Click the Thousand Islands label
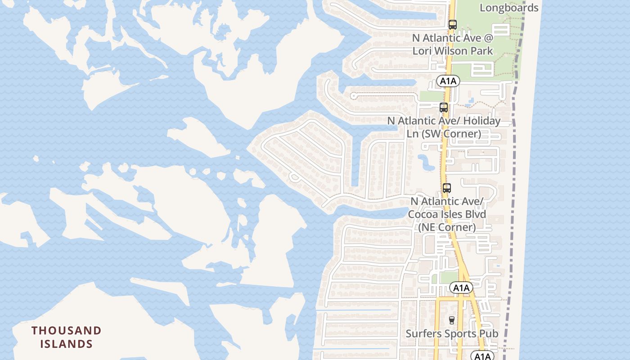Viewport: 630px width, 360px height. (67, 337)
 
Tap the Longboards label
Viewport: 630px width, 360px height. (509, 8)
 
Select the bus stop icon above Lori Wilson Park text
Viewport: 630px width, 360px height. (453, 25)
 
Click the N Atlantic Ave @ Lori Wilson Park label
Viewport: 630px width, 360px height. (453, 44)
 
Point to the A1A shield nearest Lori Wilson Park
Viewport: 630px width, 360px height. (448, 81)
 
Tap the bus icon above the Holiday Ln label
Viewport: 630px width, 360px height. (444, 108)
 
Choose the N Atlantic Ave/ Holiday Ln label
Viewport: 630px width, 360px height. (444, 127)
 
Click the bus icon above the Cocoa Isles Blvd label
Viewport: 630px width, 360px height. (446, 188)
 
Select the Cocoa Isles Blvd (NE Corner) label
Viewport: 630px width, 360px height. (447, 214)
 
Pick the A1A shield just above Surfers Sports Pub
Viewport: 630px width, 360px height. (461, 288)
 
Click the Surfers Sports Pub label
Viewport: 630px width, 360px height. (452, 333)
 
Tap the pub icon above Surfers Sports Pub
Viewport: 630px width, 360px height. (452, 320)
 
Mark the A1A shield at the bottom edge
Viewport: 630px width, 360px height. (482, 356)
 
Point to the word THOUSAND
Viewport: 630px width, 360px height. (67, 331)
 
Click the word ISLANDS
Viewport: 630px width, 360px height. (67, 344)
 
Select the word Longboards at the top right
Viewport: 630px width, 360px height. (509, 8)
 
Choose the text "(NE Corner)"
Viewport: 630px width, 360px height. (447, 227)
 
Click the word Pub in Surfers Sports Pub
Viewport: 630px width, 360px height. (488, 333)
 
